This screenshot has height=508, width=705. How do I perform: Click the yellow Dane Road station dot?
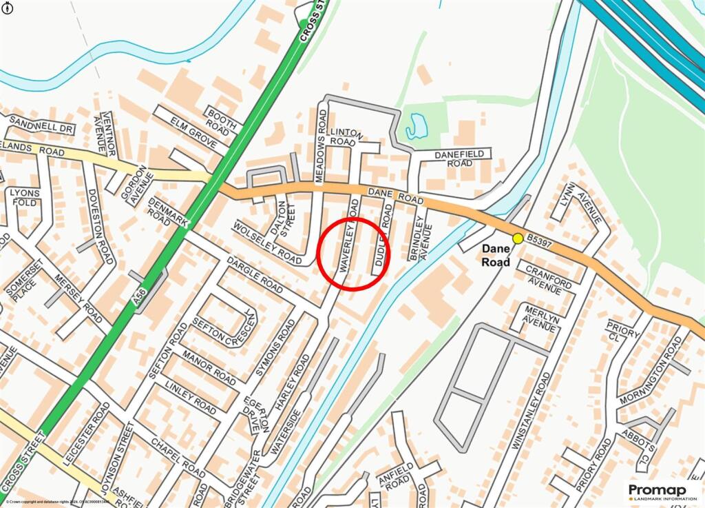517,238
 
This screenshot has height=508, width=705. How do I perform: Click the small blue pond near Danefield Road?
417,125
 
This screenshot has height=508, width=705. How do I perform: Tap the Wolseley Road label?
268,243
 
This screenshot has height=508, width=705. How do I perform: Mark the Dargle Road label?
255,276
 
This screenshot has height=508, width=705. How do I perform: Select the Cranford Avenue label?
548,278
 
